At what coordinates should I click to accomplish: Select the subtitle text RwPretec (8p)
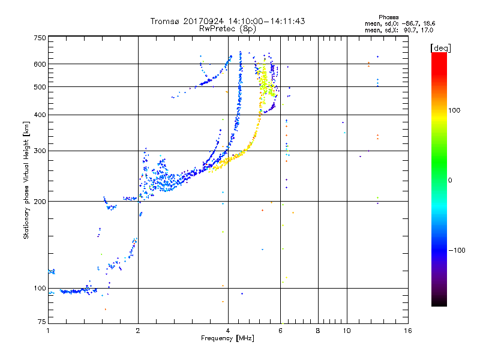[227, 29]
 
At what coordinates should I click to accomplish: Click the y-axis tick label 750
[40, 38]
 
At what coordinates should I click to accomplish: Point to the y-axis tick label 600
[40, 64]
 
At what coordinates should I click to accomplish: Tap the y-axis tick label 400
[40, 115]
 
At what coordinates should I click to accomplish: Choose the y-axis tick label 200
[40, 202]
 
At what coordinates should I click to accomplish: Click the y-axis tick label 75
[42, 322]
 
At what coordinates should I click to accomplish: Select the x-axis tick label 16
[408, 331]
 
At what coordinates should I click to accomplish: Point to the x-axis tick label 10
[347, 331]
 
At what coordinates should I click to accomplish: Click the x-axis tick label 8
[318, 331]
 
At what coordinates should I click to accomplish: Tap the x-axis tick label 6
[280, 331]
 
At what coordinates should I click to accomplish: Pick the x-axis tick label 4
[228, 331]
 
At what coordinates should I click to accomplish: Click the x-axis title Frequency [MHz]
[227, 338]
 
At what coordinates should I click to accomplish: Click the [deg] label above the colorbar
[440, 48]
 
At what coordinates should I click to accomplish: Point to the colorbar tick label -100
[457, 250]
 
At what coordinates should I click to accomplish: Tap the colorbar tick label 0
[450, 180]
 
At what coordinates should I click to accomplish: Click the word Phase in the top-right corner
[388, 17]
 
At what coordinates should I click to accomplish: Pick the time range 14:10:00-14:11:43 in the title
[266, 21]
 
